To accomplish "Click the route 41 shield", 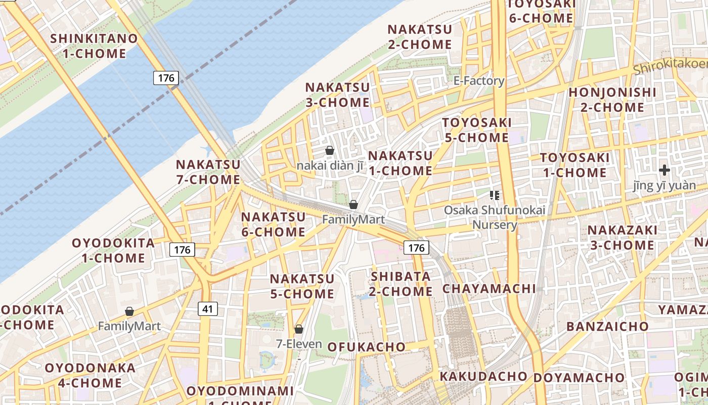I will pos(208,308).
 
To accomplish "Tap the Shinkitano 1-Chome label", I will pos(94,46).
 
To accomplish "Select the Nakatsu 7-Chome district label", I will pos(208,172).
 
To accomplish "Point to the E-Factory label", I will pos(478,80).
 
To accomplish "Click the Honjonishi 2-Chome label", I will pos(612,100).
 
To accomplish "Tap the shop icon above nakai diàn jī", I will pos(330,150).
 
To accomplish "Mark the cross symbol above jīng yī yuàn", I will pos(665,170).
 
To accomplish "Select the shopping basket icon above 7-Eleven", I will pos(299,329).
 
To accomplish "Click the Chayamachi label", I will pos(489,289).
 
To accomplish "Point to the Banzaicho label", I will pos(607,327).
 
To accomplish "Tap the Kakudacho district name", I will pos(483,376).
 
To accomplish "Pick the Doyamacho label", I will pos(579,378).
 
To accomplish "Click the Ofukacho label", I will pos(367,347).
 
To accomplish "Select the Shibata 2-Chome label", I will pos(401,283).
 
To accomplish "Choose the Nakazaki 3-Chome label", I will pos(621,237).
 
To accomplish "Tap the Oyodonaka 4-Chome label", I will pos(90,375).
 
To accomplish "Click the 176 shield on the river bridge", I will pos(166,77).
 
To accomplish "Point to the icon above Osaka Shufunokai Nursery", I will pos(495,195).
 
